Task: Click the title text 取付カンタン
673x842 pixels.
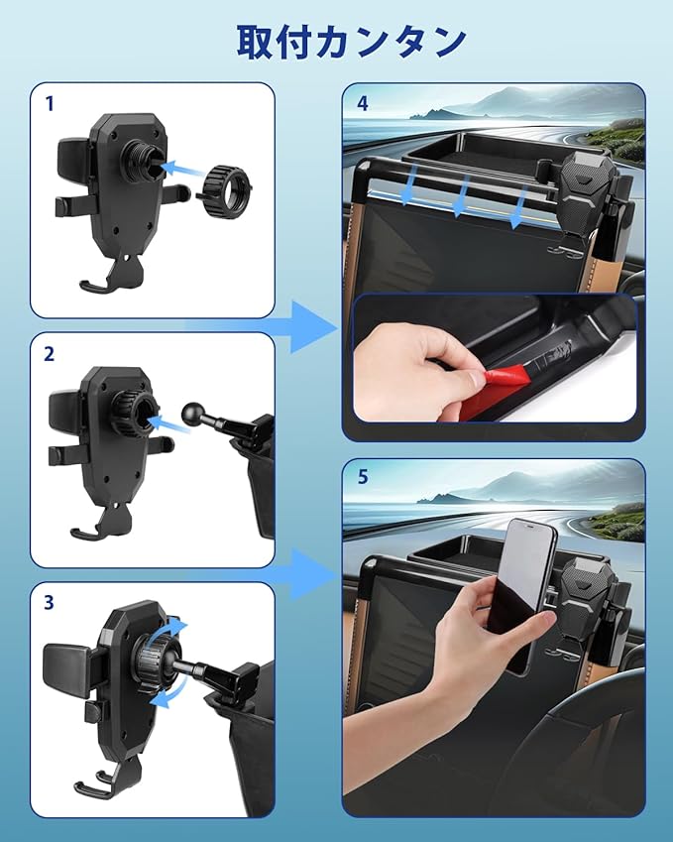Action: coord(352,42)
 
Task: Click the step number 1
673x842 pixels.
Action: coord(50,104)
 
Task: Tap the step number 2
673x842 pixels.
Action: coord(49,354)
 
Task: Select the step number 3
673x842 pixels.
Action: coord(49,603)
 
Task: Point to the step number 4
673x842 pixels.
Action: coord(363,104)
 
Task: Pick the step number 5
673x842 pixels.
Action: coord(363,476)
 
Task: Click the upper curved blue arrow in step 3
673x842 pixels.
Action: coord(171,630)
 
